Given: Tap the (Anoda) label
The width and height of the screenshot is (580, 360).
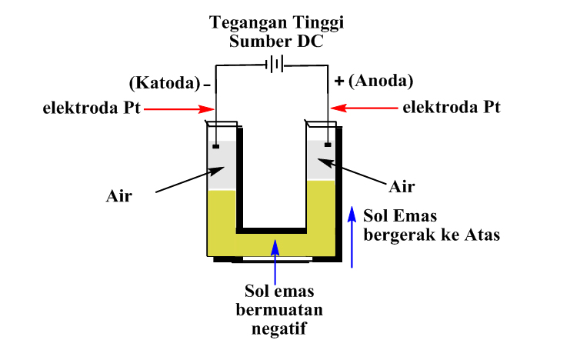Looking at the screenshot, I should [x=380, y=81].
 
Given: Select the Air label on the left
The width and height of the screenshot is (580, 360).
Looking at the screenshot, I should [x=119, y=195].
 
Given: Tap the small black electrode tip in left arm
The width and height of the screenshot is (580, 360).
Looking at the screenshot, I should [x=217, y=144].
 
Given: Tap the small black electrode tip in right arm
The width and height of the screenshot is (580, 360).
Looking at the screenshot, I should [x=328, y=143].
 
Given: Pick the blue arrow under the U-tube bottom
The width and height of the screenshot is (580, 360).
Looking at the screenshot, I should [x=275, y=261].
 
